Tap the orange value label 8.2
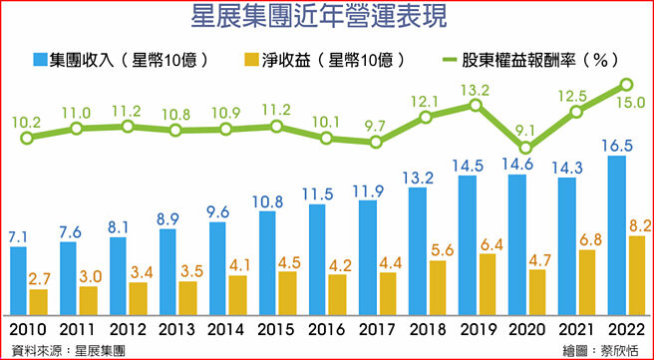click(x=636, y=224)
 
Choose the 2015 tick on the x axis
click(x=276, y=330)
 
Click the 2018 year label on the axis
click(x=427, y=330)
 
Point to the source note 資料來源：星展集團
click(x=66, y=350)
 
